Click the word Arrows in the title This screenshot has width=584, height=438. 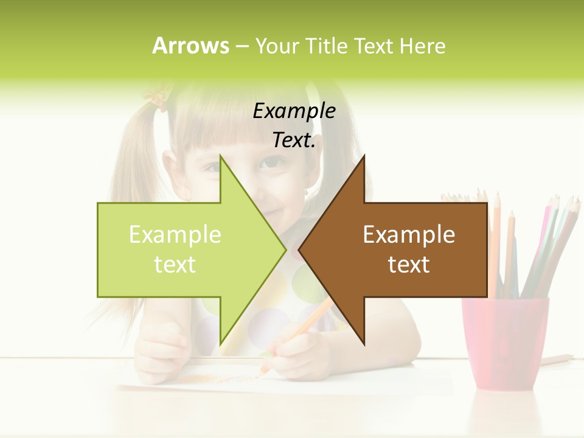click(x=190, y=46)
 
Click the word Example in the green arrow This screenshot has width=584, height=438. click(x=175, y=235)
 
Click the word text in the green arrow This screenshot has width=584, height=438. click(x=175, y=265)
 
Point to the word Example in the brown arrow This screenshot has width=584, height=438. click(x=409, y=235)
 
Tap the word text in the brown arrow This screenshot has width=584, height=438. click(x=409, y=265)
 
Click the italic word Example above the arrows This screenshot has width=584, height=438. click(x=294, y=111)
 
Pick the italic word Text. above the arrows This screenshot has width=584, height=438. click(x=294, y=141)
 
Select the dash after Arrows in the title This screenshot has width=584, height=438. click(x=242, y=47)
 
